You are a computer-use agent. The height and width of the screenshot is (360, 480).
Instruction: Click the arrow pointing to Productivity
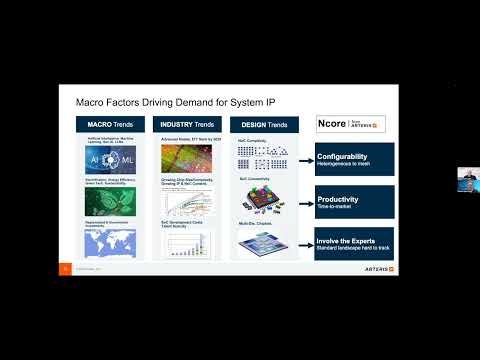pyautogui.click(x=299, y=202)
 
